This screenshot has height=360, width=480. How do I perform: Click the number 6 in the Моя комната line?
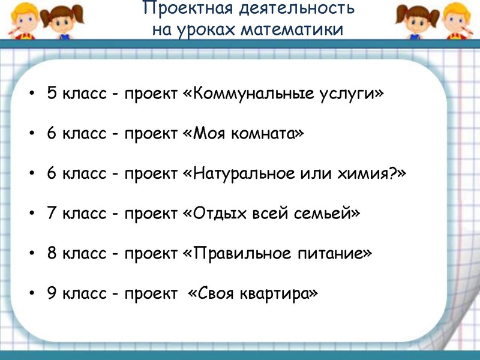pyautogui.click(x=52, y=133)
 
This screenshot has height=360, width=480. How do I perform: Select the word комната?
pyautogui.click(x=267, y=133)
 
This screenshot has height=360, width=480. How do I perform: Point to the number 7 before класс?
pyautogui.click(x=52, y=213)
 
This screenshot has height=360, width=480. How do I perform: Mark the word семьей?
pyautogui.click(x=326, y=214)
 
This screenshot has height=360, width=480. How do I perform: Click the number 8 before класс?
pyautogui.click(x=52, y=253)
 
